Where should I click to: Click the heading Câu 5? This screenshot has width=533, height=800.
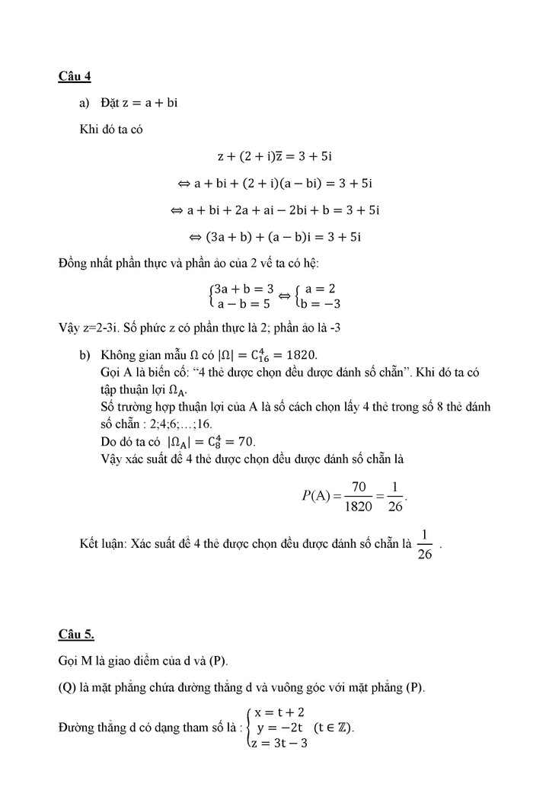point(77,633)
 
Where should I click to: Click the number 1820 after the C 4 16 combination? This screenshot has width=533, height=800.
point(299,355)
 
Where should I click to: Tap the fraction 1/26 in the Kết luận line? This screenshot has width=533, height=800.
point(425,544)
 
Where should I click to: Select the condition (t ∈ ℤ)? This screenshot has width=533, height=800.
point(334,727)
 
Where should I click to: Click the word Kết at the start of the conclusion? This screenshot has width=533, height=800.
point(89,544)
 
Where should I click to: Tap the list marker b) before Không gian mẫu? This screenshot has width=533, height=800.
point(85,355)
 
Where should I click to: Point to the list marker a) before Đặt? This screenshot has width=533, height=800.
point(85,102)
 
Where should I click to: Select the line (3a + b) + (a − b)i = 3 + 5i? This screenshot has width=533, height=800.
point(274,236)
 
